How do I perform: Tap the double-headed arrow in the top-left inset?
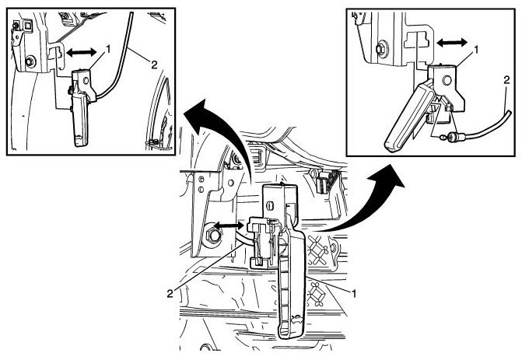tap(82, 52)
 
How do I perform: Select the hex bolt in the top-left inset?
tap(29, 61)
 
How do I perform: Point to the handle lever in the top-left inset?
tap(79, 117)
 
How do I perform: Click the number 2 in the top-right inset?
tap(506, 79)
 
